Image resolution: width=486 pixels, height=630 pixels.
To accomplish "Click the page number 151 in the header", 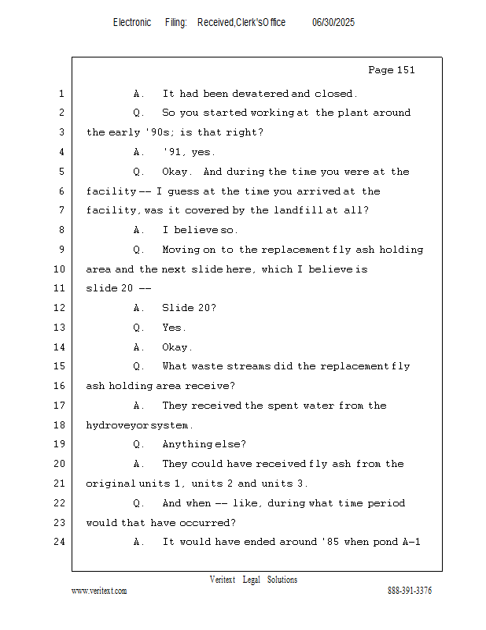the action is click(x=406, y=70).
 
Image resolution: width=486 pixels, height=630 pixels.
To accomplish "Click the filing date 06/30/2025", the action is click(x=333, y=23).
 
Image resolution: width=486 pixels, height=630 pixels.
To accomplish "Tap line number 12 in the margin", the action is click(x=60, y=308).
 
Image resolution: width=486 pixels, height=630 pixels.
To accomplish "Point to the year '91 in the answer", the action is click(x=172, y=152).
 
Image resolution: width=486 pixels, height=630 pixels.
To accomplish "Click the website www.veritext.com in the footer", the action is click(x=99, y=591).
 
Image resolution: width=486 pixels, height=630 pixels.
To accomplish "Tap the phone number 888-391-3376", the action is click(x=410, y=591).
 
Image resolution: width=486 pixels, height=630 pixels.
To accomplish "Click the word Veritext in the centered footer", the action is click(x=223, y=580).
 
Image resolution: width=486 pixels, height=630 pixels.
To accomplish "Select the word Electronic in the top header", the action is click(x=132, y=23).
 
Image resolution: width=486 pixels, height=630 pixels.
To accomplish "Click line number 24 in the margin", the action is click(x=60, y=542).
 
